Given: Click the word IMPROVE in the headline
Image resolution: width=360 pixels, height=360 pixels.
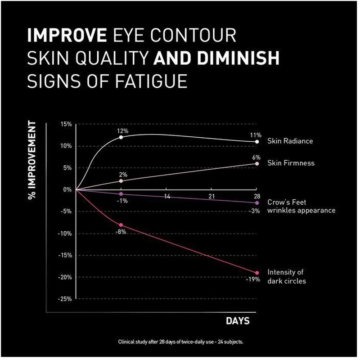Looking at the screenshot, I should tap(67, 36).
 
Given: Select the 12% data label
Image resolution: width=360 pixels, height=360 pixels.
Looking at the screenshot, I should tap(123, 130).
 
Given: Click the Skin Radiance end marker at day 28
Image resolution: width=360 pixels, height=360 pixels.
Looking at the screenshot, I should tap(256, 142).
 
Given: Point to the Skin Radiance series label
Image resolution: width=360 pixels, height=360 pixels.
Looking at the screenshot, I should tap(290, 141).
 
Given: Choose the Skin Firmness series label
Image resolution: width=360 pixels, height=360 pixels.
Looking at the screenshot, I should tap(291, 163).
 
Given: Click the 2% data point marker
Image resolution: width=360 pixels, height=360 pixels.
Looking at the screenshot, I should tap(121, 181).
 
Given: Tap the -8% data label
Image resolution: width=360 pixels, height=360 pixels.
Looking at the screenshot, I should tap(121, 232).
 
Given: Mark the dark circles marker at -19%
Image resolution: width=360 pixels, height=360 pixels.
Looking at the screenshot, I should tap(256, 273).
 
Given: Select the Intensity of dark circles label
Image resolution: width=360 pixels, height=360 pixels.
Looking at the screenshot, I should tap(287, 276).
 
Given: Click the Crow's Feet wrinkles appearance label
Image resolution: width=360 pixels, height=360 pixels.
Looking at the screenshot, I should tap(301, 206).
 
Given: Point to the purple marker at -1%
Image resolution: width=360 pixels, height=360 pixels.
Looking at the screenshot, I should tap(121, 194).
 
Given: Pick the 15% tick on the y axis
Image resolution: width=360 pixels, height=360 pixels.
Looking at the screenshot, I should tap(66, 124).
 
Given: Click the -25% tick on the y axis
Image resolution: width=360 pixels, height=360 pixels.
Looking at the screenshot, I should tap(65, 299).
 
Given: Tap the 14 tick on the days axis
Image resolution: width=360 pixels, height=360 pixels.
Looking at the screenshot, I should tap(166, 197).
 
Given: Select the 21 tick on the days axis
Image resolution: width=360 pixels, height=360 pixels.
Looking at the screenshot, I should tap(211, 197).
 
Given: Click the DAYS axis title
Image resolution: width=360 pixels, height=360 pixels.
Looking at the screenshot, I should tap(237, 321).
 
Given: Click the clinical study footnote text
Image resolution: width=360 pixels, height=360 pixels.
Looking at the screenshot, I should tap(180, 342).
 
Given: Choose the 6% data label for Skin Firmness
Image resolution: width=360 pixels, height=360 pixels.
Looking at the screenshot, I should tap(256, 157).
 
